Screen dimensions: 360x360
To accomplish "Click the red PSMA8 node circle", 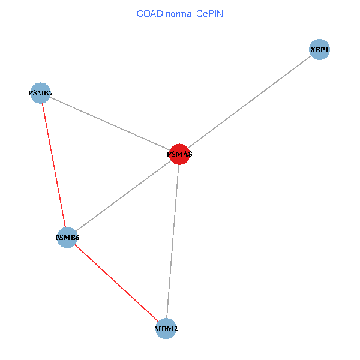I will (x=179, y=154).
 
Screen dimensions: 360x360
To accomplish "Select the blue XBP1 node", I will (x=320, y=50).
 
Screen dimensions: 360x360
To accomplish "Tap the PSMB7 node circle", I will (x=40, y=93).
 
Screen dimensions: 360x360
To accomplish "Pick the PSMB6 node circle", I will (x=67, y=238).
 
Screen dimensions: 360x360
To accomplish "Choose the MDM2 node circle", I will (x=166, y=329).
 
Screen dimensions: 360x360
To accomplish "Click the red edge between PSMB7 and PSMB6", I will (x=53, y=165).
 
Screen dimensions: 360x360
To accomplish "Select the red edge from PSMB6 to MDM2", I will (x=116, y=283).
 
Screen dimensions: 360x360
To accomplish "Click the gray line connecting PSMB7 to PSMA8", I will (x=110, y=124).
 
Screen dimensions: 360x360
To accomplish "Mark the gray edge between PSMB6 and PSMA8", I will (x=123, y=196).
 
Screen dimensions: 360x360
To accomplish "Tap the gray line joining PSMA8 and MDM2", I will (x=172, y=242).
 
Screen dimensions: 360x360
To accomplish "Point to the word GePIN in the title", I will (x=209, y=13).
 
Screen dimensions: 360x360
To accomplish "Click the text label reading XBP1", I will (x=320, y=50).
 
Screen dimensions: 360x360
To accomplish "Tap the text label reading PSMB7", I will (x=40, y=93).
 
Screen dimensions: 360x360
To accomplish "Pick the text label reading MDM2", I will (x=166, y=329).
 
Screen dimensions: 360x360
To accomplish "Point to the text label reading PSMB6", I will (x=67, y=238).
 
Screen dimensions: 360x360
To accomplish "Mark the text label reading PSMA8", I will (x=179, y=154).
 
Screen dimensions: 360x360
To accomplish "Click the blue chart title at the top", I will (x=180, y=13).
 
